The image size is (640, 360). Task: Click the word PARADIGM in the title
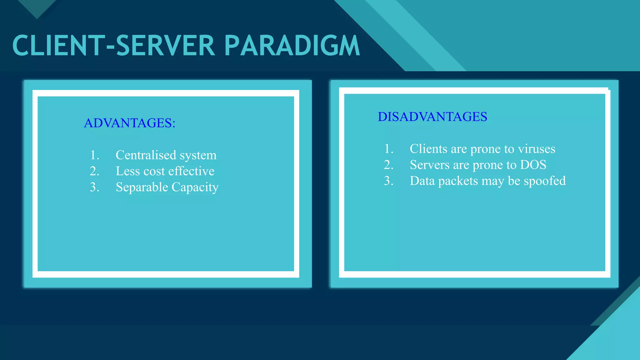[292, 46]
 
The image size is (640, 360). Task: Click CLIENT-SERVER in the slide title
[114, 46]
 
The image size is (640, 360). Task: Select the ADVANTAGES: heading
[129, 123]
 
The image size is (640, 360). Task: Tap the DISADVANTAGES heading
[432, 117]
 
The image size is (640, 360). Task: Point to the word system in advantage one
[198, 155]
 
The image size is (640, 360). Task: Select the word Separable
[142, 187]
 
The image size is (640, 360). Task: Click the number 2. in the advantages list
[94, 171]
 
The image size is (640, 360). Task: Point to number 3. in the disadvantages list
[388, 181]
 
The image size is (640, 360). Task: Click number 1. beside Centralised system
[95, 155]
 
